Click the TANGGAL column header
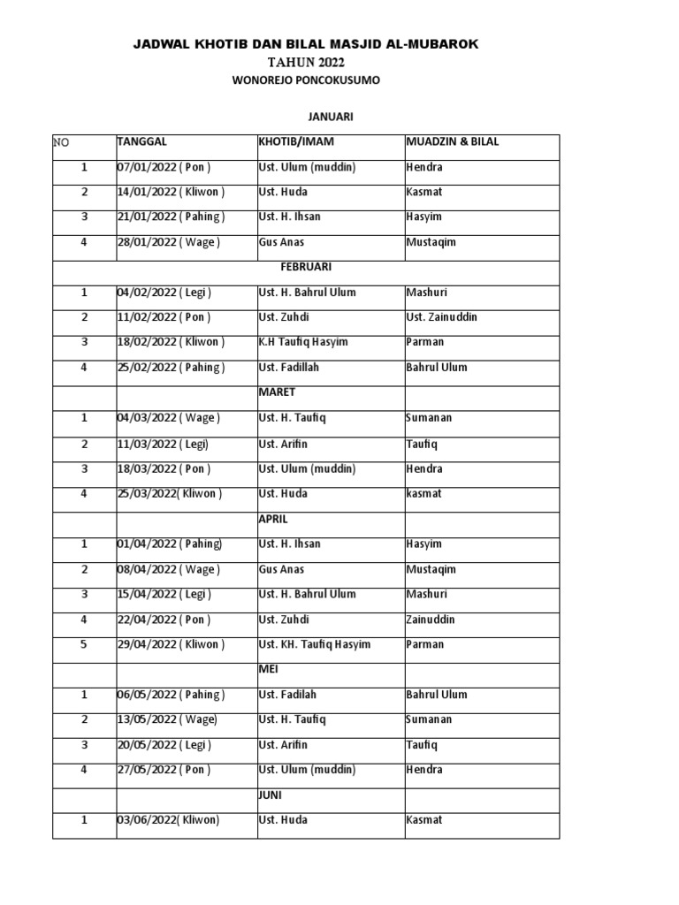click(x=141, y=141)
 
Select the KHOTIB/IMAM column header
click(x=295, y=141)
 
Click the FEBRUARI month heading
click(x=306, y=266)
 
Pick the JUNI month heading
click(x=270, y=795)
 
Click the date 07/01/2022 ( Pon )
click(x=164, y=167)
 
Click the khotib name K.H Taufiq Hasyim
click(x=302, y=342)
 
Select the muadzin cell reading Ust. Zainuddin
click(x=441, y=317)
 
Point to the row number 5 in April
click(x=84, y=644)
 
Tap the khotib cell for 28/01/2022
click(x=281, y=242)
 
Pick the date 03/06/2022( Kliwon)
click(x=168, y=820)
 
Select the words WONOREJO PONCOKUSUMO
click(x=306, y=80)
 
